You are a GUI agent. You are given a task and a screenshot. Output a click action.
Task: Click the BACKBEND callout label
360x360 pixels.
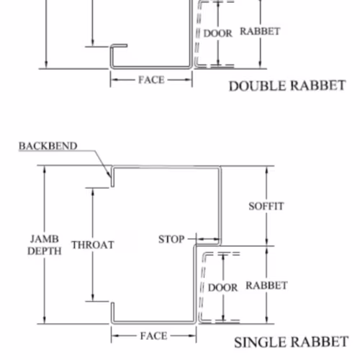[48, 146]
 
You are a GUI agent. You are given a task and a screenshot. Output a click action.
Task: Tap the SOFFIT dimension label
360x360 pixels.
[266, 206]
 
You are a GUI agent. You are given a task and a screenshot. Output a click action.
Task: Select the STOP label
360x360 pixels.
[171, 239]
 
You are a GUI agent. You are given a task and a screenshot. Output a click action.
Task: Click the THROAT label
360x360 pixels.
[93, 245]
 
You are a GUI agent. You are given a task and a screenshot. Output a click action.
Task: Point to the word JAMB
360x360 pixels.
[45, 239]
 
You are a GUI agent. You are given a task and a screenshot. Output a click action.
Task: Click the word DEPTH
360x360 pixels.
[45, 251]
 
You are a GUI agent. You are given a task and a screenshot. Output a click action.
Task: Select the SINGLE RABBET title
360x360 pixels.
[291, 342]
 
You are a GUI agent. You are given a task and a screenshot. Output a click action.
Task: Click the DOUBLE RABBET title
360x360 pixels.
[287, 86]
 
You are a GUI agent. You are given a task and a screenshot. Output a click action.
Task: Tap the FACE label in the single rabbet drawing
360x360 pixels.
[153, 336]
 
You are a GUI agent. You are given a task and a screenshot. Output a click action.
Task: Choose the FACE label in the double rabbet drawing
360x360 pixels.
[151, 80]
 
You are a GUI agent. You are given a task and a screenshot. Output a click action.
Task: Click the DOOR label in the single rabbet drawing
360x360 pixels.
[222, 287]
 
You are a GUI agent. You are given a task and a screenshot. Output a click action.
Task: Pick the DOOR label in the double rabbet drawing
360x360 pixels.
[218, 33]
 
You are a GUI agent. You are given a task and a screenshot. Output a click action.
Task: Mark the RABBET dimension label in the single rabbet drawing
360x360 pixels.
[266, 285]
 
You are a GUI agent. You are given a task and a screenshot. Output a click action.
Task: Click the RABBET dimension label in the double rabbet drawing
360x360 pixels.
[260, 31]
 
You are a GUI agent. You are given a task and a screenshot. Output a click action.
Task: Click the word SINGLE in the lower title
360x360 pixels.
[261, 342]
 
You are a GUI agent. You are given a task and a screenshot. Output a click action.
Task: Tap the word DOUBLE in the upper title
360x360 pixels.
[258, 86]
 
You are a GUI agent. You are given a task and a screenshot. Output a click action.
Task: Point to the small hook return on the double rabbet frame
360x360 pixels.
[119, 45]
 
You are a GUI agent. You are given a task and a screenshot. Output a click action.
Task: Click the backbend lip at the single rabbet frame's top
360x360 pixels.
[112, 176]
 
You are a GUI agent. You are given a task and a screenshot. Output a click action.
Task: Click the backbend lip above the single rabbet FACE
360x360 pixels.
[112, 312]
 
